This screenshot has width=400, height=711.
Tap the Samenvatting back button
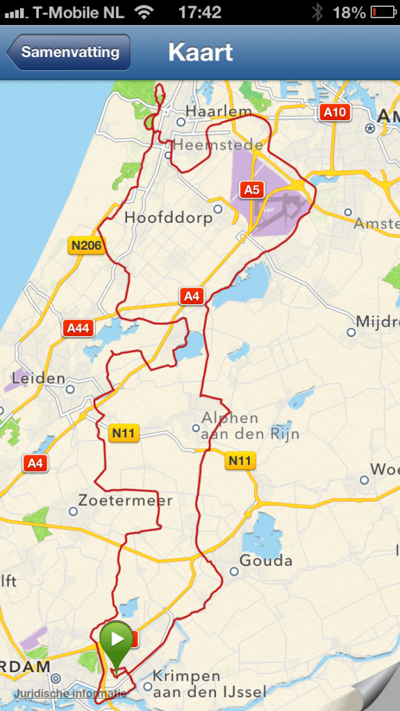pos(69,52)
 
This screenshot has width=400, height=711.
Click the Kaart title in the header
pos(200,52)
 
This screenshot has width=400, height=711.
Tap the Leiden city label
pos(38,379)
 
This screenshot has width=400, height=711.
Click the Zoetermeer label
pos(125,500)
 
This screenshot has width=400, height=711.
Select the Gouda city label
pos(266,560)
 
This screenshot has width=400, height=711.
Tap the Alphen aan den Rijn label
pos(249,426)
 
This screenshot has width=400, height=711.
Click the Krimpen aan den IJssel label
pos(196,683)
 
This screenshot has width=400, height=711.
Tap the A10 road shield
pos(333,112)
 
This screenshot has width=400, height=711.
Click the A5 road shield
pos(251,189)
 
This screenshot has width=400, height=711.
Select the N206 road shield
pos(86,245)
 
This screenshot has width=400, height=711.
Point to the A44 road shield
pos(77,328)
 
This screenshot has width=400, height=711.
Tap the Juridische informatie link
pos(69,693)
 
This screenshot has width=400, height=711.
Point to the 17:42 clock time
pos(199,12)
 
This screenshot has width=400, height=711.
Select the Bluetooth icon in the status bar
pos(317,12)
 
